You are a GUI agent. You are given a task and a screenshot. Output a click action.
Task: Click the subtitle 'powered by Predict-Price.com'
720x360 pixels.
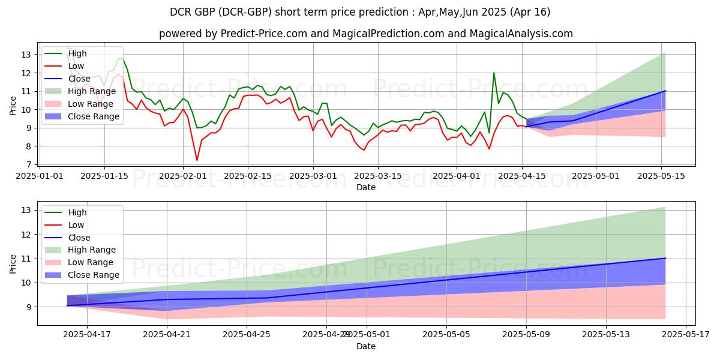pos(365,34)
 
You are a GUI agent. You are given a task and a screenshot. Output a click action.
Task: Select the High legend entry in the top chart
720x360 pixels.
pos(77,53)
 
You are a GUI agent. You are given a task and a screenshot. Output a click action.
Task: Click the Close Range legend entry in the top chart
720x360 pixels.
pos(94,116)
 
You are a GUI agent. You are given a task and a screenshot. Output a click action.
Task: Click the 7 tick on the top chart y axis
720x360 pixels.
pos(29,164)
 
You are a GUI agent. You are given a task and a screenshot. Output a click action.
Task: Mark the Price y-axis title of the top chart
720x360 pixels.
pos(13,105)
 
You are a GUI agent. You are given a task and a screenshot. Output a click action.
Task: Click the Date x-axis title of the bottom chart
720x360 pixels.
pos(365,346)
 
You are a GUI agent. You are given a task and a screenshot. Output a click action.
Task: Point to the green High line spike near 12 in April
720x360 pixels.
pos(494,73)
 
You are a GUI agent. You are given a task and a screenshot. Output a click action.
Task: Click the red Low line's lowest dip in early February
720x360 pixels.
pos(197,160)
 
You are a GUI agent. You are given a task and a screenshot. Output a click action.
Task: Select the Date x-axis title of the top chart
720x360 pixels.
pos(365,187)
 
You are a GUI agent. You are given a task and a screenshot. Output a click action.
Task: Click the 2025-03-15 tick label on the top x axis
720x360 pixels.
pos(377,176)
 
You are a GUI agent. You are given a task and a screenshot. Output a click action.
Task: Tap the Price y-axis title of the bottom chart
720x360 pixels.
pos(13,264)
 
